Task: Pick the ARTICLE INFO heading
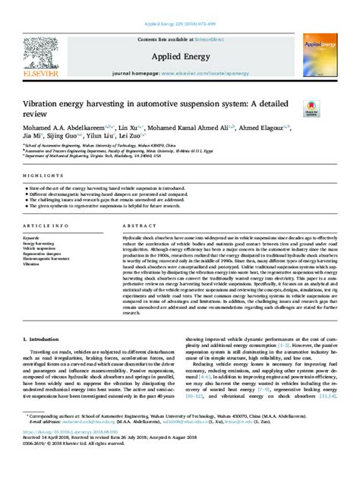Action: pyautogui.click(x=44, y=226)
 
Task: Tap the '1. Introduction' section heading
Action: pyautogui.click(x=43, y=339)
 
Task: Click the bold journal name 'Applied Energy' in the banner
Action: pyautogui.click(x=180, y=56)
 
